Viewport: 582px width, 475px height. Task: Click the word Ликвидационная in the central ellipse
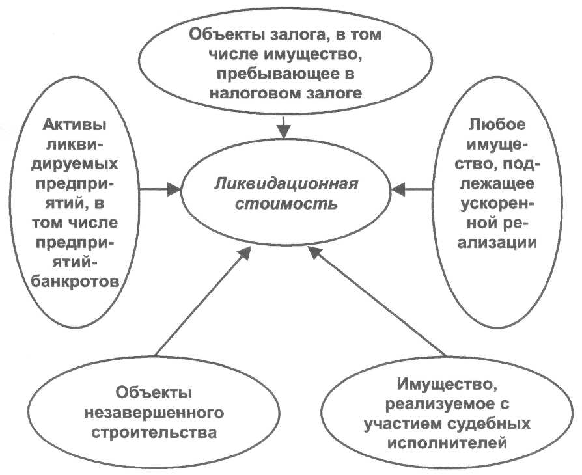click(x=286, y=183)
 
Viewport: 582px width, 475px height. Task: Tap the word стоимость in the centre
click(x=286, y=204)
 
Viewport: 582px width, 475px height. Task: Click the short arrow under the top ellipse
click(x=283, y=128)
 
